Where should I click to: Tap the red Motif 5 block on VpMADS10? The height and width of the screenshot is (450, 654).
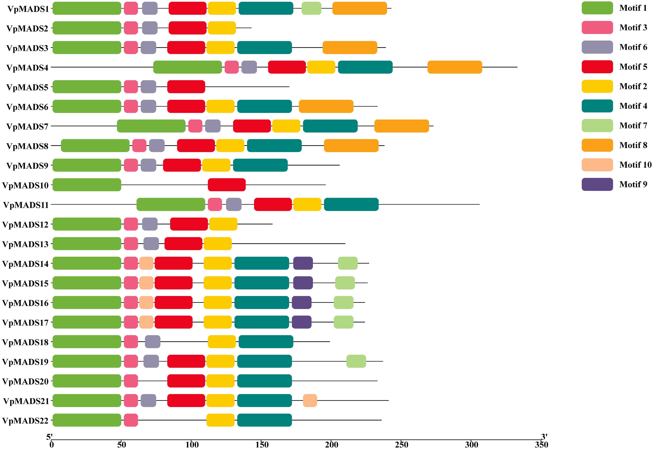(227, 185)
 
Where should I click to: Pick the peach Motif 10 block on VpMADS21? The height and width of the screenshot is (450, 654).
(310, 400)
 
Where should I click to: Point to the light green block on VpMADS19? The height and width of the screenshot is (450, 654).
(356, 361)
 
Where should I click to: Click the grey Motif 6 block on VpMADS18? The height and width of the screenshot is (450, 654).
(153, 342)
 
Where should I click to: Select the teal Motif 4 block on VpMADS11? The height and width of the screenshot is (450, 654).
(351, 204)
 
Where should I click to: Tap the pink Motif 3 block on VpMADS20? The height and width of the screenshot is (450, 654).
(131, 381)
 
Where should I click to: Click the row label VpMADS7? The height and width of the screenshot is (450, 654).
(28, 127)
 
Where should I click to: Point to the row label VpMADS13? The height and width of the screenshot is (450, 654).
(25, 244)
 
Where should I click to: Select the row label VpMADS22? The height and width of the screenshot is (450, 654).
(25, 421)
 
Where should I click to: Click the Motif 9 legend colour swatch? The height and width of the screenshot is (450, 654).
(597, 184)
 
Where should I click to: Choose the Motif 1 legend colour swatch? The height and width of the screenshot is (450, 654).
(597, 8)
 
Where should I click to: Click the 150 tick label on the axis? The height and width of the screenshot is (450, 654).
(262, 445)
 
